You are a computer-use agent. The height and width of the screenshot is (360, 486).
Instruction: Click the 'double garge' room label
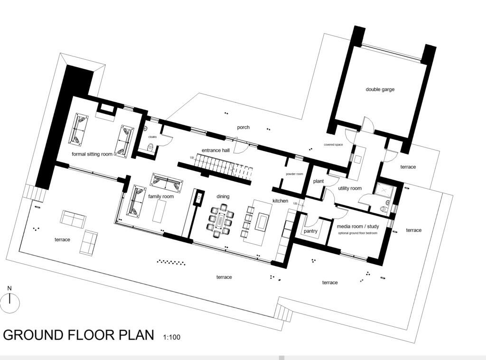pos(380,89)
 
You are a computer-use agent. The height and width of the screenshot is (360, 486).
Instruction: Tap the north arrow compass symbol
pos(9,303)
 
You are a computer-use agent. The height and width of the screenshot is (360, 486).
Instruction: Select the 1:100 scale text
pos(171,338)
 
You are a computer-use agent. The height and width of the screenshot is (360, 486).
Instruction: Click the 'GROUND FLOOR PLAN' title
pos(79,335)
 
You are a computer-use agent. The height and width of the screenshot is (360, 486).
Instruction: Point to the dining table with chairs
pos(220,220)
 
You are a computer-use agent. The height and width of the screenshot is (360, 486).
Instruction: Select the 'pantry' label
pos(310,231)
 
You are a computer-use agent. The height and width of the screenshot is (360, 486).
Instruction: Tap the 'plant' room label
pos(318,182)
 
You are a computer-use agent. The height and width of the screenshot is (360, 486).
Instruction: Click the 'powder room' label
pos(294,174)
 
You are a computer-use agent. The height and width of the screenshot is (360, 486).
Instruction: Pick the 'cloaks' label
pos(152,137)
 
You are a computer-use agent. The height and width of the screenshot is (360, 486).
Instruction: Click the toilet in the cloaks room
pos(151,148)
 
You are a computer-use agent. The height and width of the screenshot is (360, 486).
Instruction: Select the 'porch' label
pos(243,128)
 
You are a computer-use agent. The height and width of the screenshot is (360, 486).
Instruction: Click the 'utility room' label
pos(350,188)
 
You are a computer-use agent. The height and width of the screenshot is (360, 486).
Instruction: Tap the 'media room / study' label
pos(358,227)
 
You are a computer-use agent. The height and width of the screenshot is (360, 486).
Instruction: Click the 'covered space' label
pos(333,145)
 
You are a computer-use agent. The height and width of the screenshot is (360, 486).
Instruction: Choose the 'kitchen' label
pos(280,201)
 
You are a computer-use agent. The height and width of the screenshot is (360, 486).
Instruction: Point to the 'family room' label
pos(161,196)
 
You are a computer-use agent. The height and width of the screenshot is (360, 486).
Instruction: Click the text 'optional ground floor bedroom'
pos(358,233)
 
